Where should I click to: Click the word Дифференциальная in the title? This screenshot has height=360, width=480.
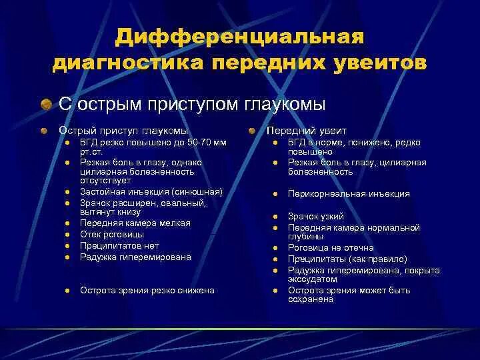239,37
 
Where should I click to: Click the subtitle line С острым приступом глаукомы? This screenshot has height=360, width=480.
192,104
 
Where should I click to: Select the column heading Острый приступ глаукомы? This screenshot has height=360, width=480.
123,131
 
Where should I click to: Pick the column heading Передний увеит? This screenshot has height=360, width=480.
307,131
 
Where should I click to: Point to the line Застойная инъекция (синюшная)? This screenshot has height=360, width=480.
151,191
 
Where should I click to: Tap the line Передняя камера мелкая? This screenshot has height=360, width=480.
135,223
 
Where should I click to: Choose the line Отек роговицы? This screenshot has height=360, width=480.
111,235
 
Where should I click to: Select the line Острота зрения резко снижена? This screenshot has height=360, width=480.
147,290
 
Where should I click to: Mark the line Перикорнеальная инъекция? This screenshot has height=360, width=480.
349,194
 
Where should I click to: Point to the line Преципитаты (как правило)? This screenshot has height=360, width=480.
347,259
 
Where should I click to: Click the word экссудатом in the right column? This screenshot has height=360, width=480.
311,279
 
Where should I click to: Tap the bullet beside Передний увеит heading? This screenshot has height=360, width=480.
253,131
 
